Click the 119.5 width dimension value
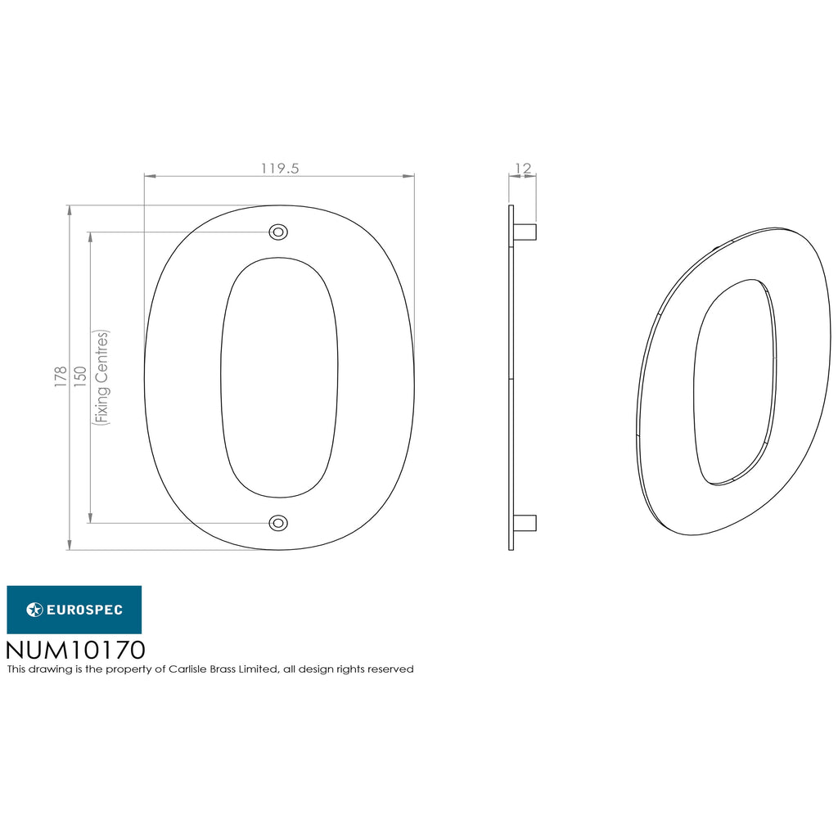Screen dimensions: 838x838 [x=280, y=169]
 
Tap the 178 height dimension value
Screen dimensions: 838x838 [x=61, y=376]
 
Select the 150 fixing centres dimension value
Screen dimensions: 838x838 [x=80, y=376]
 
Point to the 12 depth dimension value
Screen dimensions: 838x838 [x=523, y=169]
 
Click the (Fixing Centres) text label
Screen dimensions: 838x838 [x=101, y=377]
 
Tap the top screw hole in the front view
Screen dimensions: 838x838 [x=278, y=232]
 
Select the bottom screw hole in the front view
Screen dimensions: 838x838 [x=278, y=523]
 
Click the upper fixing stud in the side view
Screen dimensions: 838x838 [x=525, y=232]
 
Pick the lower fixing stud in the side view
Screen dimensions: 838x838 [x=525, y=523]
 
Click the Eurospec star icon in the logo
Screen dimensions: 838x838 [x=34, y=610]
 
